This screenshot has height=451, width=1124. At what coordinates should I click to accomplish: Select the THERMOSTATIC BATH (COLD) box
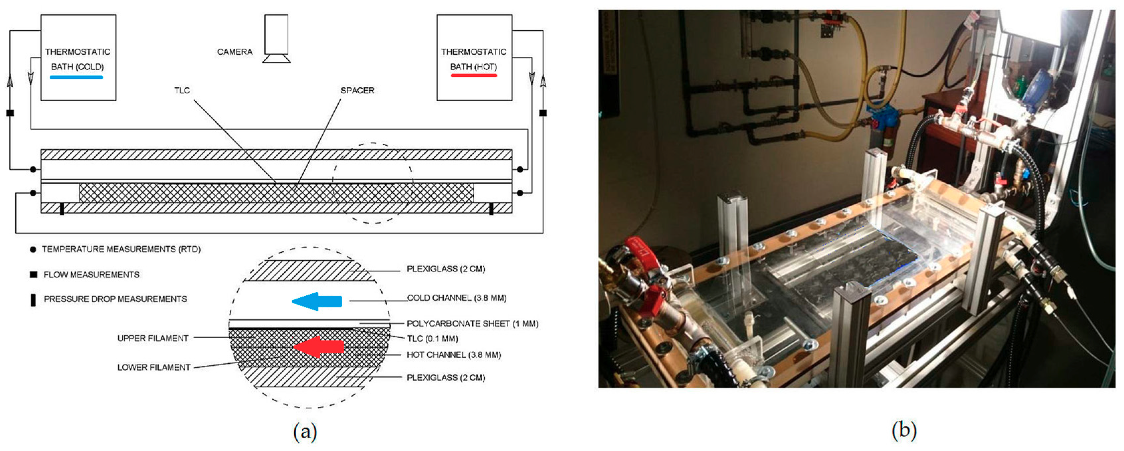[78, 57]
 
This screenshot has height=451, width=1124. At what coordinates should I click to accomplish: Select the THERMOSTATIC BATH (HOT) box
[474, 57]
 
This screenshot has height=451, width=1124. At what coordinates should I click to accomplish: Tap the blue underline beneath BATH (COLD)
[76, 77]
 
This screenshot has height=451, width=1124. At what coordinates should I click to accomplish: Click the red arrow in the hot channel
[319, 347]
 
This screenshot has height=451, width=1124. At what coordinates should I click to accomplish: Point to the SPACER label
[357, 90]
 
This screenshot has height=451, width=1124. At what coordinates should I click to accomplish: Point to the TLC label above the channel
[182, 90]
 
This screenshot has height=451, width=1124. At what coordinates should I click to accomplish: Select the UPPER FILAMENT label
[153, 338]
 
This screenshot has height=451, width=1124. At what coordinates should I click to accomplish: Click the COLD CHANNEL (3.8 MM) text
[456, 298]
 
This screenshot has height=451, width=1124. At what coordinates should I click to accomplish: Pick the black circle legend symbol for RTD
[33, 249]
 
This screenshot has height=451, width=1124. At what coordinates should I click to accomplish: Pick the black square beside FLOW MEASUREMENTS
[33, 274]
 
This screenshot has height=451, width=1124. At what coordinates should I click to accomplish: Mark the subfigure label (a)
[305, 431]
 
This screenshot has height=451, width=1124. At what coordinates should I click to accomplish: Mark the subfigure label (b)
[904, 430]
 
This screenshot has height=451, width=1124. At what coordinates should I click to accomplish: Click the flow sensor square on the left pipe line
[10, 113]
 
